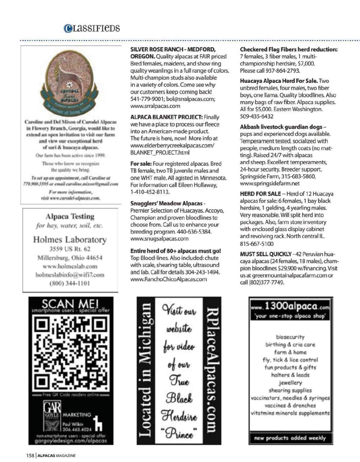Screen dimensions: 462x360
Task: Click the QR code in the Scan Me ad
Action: click(x=71, y=354)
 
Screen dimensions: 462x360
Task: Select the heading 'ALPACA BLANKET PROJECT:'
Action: click(x=167, y=117)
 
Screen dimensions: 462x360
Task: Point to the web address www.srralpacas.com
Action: click(x=155, y=106)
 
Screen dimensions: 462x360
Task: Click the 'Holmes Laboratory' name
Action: click(x=70, y=240)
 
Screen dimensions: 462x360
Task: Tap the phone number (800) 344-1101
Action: click(x=70, y=283)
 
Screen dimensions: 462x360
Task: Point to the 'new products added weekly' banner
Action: click(x=290, y=438)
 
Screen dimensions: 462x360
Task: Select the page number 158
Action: click(x=30, y=456)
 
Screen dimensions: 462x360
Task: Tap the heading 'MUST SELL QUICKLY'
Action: click(x=266, y=254)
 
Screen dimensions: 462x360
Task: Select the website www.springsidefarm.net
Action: click(x=270, y=184)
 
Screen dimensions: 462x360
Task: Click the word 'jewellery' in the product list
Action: click(x=290, y=383)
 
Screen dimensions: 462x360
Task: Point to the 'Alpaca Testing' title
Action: click(x=70, y=216)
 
